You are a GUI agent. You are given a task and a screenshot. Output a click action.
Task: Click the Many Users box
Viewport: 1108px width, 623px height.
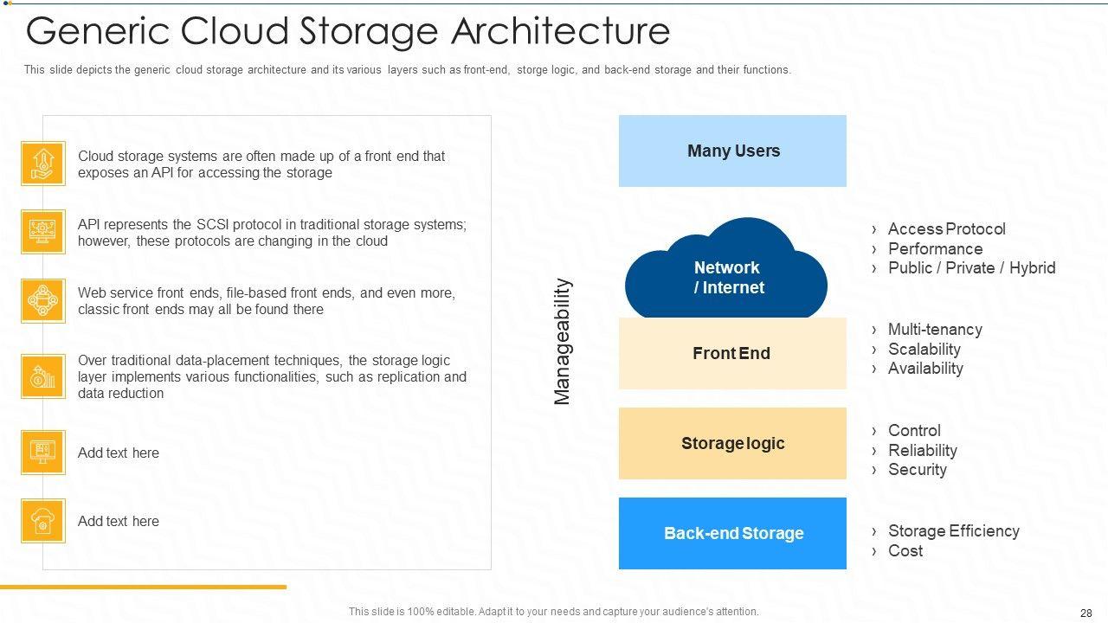tap(732, 151)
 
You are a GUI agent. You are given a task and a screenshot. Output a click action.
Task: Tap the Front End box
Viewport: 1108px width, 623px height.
tap(731, 353)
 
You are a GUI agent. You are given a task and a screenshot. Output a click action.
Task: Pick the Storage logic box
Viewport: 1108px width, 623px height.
tap(732, 443)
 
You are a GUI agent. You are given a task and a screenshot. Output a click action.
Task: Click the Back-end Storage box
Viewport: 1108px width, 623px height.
tap(732, 533)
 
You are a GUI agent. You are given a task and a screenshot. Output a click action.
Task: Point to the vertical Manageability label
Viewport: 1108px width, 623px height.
tap(563, 341)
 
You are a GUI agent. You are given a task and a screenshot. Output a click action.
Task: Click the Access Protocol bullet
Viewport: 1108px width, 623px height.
tap(946, 229)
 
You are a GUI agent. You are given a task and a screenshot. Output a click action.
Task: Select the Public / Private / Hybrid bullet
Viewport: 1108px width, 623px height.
tap(971, 268)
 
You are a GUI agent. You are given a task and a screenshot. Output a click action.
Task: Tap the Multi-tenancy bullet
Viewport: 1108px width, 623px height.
tap(935, 330)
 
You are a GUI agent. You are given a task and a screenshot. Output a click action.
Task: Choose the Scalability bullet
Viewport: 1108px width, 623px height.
tap(924, 350)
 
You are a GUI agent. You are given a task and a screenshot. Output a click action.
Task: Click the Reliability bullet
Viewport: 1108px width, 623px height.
tap(922, 451)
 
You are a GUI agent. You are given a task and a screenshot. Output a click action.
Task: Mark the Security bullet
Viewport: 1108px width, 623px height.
tap(917, 470)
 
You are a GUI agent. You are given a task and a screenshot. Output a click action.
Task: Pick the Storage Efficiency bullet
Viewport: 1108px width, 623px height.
tap(953, 531)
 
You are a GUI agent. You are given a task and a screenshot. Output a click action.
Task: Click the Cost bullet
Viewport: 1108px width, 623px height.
tap(905, 551)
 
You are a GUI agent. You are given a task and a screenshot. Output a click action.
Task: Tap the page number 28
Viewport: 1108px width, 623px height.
tap(1085, 613)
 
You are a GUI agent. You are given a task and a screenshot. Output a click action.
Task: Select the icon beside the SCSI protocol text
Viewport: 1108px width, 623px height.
tap(43, 232)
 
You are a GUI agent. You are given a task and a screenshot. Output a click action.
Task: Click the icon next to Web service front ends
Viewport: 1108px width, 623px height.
tap(43, 300)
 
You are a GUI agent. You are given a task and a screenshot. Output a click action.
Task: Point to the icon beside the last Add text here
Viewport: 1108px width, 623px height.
tap(43, 521)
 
